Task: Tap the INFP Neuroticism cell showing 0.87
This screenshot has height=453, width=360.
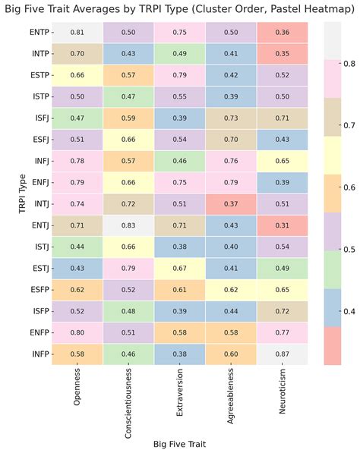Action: point(282,354)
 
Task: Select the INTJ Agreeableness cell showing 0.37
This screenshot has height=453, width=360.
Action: point(231,204)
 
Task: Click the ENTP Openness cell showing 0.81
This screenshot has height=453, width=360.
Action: point(77,33)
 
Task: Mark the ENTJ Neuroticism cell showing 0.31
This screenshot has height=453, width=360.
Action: point(282,247)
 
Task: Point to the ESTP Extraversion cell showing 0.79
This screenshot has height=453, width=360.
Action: point(179,75)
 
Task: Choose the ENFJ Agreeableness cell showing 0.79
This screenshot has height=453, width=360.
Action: point(231,183)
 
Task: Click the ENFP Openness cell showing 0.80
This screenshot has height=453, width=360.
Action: point(77,333)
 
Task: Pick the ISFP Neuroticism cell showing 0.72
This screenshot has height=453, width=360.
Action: point(282,311)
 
